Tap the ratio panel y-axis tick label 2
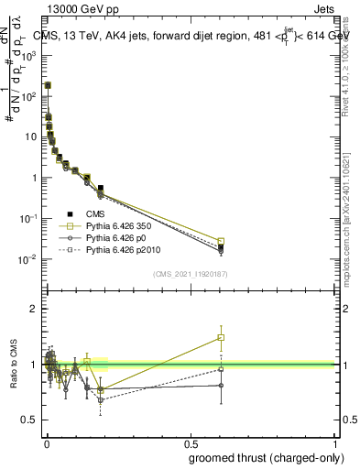pos(34,309)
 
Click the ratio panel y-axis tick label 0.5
pos(30,420)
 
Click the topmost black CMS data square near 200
pos(48,85)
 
